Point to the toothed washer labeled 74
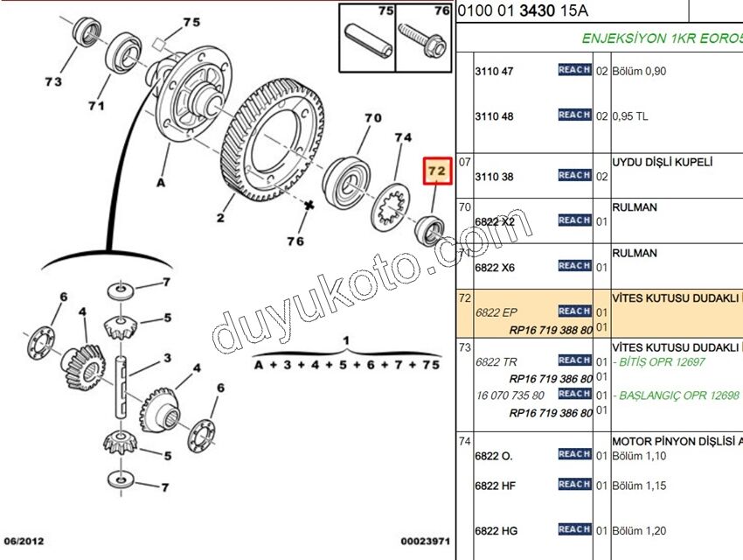pos(391,208)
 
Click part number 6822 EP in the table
pos(496,311)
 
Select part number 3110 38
pos(495,177)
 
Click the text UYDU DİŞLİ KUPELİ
pos(663,162)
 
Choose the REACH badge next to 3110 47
pos(574,70)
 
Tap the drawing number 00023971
pos(426,542)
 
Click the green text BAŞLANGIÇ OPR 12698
pos(677,395)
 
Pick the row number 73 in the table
pos(464,346)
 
